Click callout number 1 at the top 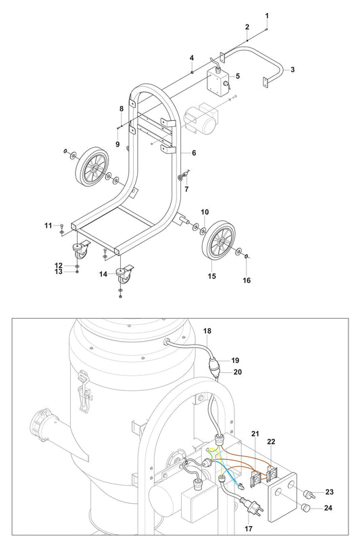267,15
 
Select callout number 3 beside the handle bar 292,70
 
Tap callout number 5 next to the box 237,76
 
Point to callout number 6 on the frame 194,153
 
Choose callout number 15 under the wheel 211,276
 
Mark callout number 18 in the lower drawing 207,331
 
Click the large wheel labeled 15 219,241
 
